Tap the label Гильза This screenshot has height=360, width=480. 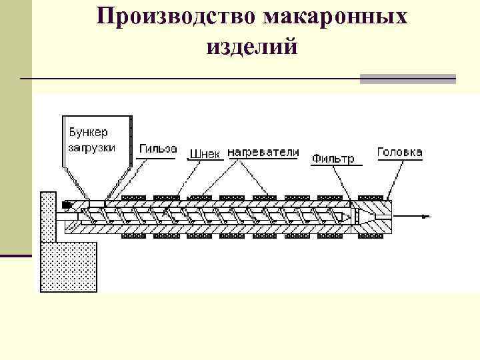point(158,148)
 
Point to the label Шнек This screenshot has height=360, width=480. point(204,154)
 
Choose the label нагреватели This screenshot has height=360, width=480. point(263,152)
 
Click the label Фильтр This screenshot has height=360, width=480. point(333,159)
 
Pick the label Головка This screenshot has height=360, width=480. point(399,152)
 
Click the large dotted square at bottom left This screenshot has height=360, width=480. point(69,267)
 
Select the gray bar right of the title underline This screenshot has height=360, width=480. point(407,79)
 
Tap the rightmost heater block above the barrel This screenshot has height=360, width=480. point(371,197)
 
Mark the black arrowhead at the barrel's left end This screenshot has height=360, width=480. point(67,204)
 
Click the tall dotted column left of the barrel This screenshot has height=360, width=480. point(48,217)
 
